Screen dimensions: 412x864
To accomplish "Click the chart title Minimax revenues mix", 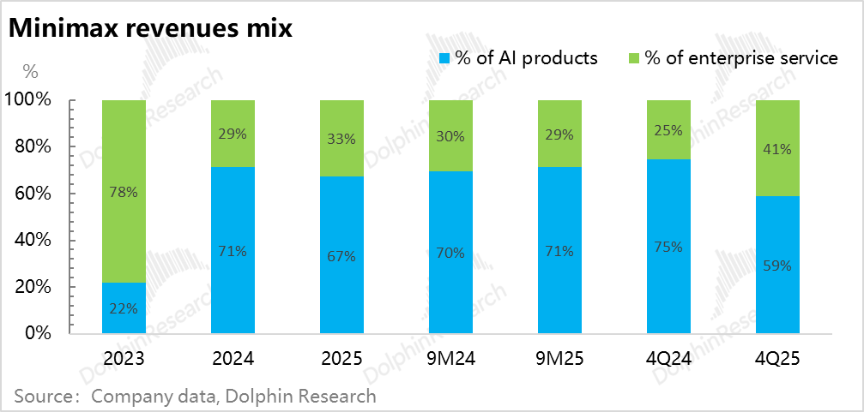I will (151, 27).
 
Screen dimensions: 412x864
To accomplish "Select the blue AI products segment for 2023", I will (124, 308).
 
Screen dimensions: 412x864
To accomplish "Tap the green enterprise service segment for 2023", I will (124, 191).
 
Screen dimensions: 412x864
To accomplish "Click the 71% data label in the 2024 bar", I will (233, 251).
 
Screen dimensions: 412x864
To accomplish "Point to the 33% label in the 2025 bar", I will (341, 138).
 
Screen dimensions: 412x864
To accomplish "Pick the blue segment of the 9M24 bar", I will (450, 252).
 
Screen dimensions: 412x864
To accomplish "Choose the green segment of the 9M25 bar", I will (559, 134).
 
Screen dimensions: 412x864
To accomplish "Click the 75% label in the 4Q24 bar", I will (668, 247).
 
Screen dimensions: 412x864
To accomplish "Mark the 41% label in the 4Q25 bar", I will (777, 148).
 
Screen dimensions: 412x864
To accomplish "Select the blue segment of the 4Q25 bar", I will (777, 265).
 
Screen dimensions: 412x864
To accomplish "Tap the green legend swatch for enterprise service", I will (634, 59).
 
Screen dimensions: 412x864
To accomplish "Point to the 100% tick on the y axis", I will (29, 100).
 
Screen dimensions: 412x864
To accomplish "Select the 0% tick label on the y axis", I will (39, 333).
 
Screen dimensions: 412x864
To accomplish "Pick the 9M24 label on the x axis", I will (450, 359).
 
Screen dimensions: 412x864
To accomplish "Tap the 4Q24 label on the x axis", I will (668, 359).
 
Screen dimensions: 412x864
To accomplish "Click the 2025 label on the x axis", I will (341, 359).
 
